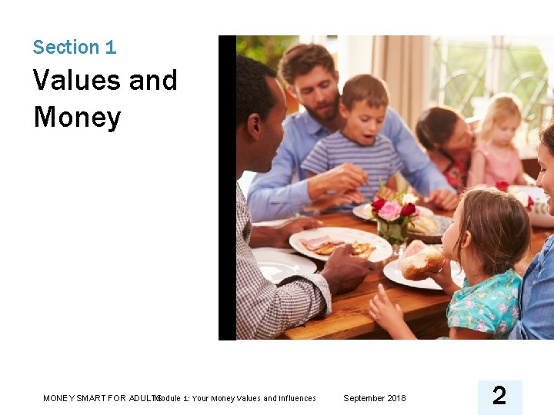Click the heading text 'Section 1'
point(75,48)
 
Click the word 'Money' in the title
point(77,118)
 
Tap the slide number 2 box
point(499,397)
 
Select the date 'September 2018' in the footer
point(374,398)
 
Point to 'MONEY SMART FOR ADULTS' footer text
point(100,398)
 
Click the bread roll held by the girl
point(421,261)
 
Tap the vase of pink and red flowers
point(393,219)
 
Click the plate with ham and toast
point(339,244)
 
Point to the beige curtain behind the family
point(400,69)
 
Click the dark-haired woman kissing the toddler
point(446,134)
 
